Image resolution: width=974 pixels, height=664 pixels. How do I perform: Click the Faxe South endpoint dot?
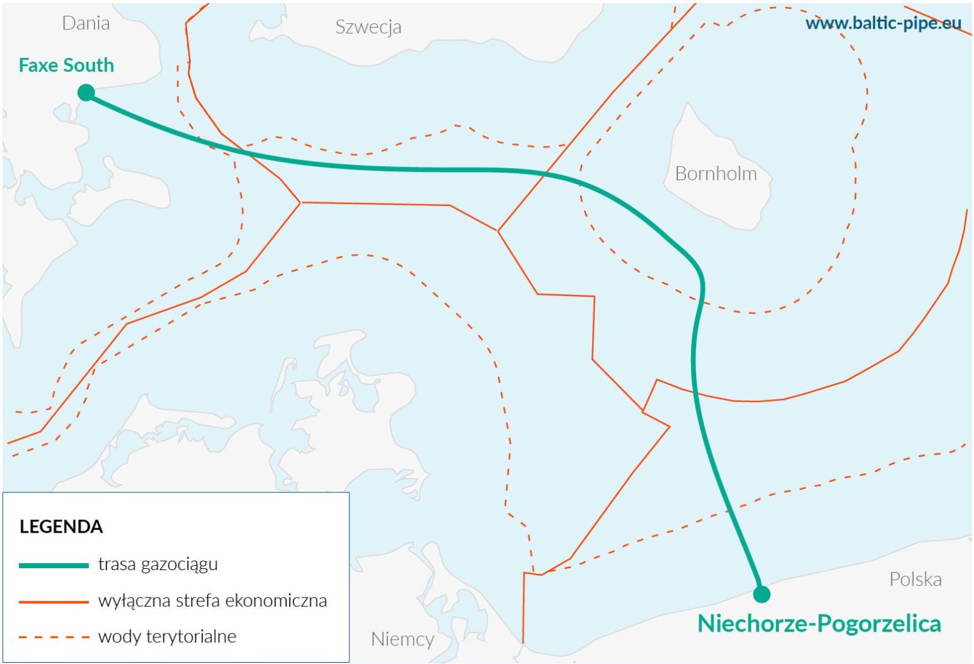click(x=86, y=93)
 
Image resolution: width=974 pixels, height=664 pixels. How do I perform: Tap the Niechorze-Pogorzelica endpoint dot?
click(x=762, y=594)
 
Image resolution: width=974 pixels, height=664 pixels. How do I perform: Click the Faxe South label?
click(x=67, y=65)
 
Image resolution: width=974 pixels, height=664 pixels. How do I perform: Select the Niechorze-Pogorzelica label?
click(x=819, y=623)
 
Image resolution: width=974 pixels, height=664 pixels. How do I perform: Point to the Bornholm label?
click(x=716, y=174)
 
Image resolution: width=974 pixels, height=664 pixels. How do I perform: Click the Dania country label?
click(x=86, y=23)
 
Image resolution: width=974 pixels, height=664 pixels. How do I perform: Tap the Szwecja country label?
click(x=368, y=27)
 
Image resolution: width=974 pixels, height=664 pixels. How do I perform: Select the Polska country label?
click(x=915, y=579)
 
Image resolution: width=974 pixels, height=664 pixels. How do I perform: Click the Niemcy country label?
click(x=403, y=639)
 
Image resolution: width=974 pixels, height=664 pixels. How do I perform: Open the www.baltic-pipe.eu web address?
click(x=883, y=23)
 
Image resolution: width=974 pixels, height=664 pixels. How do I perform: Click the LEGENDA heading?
click(x=61, y=527)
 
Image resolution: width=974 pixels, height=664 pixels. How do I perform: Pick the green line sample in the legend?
click(x=54, y=565)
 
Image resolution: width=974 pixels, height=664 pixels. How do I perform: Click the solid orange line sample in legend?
click(x=54, y=601)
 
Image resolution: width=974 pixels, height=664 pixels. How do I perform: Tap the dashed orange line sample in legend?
click(x=54, y=637)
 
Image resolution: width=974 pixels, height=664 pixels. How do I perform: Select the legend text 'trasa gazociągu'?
click(x=158, y=564)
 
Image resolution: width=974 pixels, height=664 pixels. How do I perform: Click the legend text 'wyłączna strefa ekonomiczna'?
click(x=212, y=601)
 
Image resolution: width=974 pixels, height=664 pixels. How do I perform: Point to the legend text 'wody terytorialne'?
click(x=167, y=636)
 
